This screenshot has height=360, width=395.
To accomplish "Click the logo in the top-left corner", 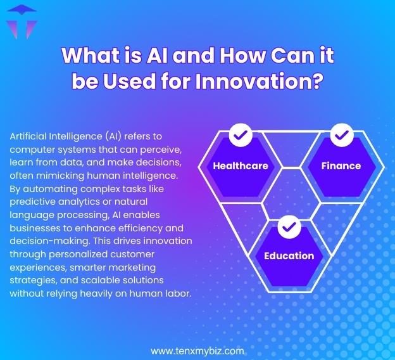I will point(19,22).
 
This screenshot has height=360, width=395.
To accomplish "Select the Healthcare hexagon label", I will point(241,166).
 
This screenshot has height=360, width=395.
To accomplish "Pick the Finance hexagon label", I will point(341,166).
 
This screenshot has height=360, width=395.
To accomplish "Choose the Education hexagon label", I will point(289,256).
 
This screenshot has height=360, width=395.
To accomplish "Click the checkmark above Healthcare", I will point(240,134).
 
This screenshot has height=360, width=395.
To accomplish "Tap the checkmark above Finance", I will point(341,134).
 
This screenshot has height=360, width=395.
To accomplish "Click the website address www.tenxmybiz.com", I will point(197,350).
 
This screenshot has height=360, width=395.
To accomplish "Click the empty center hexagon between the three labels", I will point(290,190).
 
